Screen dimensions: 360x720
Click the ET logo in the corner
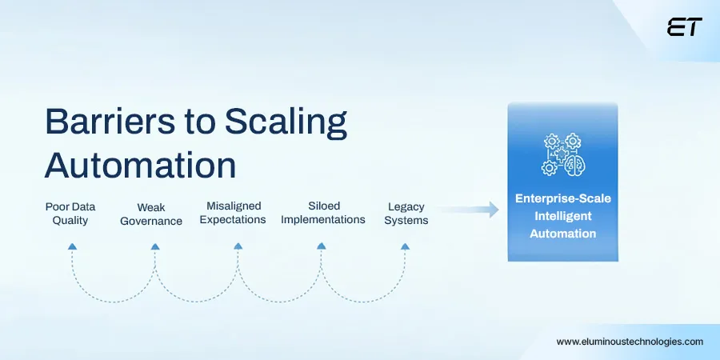(x=684, y=27)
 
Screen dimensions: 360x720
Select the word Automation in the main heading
(x=140, y=166)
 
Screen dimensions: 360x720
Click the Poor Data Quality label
(x=70, y=214)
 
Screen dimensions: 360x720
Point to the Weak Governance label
(x=151, y=214)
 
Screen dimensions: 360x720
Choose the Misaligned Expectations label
(x=234, y=213)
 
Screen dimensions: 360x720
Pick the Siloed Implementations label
(x=323, y=213)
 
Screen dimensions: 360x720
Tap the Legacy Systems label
(x=406, y=214)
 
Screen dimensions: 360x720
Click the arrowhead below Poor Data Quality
(x=72, y=246)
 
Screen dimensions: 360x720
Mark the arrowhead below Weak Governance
(x=154, y=246)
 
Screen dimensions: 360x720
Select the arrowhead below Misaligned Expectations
(x=238, y=246)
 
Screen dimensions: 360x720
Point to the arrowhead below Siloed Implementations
(x=321, y=246)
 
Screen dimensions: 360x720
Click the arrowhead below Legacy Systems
(x=404, y=246)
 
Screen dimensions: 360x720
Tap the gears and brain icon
(x=562, y=154)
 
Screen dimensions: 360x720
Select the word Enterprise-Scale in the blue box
(x=562, y=198)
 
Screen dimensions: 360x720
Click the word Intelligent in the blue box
(x=562, y=216)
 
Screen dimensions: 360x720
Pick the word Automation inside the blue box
(x=562, y=234)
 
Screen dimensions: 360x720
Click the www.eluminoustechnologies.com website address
(x=630, y=341)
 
